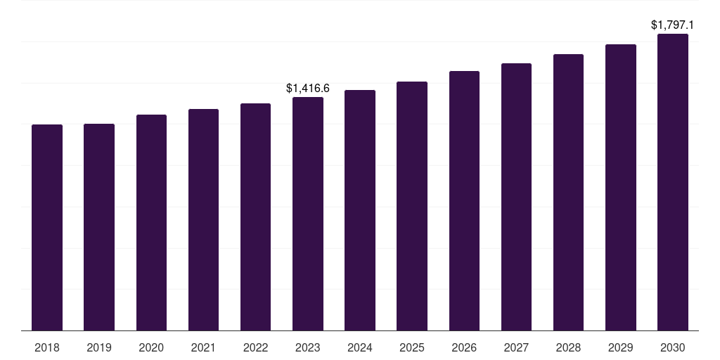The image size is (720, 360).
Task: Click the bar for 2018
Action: pos(47,228)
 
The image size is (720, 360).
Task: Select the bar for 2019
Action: pos(99,227)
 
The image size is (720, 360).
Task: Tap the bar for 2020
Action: pos(152,223)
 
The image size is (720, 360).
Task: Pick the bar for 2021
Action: pos(203,220)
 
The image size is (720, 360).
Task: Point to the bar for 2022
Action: pos(256,217)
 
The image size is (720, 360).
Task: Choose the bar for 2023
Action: pos(308,214)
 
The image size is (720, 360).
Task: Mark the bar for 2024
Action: pos(360,210)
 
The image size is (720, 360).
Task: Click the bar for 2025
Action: pos(412,206)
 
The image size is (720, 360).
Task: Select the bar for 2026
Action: pos(464,201)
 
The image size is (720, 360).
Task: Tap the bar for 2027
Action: pos(517,197)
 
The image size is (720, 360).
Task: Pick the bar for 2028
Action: pos(568,193)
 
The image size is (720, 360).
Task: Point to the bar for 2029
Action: pos(621,188)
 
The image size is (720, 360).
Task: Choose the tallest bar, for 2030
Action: pos(673,182)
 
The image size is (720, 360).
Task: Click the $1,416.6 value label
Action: pos(308,88)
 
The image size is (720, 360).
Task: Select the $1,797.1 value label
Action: pos(672,25)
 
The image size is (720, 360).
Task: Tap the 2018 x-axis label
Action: pos(47,347)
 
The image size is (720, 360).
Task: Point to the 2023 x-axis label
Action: pos(308,347)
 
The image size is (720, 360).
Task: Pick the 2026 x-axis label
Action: pos(464,347)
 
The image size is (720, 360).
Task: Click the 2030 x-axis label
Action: pos(673,347)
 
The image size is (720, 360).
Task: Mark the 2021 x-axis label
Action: pos(203,347)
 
